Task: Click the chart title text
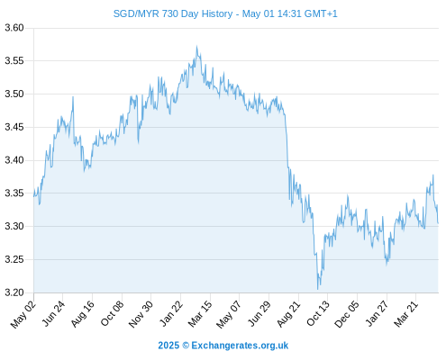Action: coord(225,13)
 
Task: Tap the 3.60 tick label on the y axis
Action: coord(14,28)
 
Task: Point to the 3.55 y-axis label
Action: coord(14,61)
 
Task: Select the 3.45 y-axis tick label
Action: coord(14,127)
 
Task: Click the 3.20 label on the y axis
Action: coord(14,292)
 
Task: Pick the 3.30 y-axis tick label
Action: coord(14,226)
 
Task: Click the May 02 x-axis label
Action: coord(23,314)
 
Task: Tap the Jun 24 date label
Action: coord(53,313)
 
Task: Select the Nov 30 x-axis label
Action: coord(141,314)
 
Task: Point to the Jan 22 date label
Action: coord(170,313)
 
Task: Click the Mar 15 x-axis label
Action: coord(200,313)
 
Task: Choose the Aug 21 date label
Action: coord(288,313)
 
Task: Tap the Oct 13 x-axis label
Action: coord(318,313)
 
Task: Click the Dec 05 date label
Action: coord(347,314)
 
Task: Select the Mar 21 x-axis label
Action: coord(405,313)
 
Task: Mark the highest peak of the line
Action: coord(196,46)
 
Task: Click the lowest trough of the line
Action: coord(318,289)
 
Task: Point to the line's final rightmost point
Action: coord(438,223)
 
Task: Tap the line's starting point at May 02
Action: coord(34,196)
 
